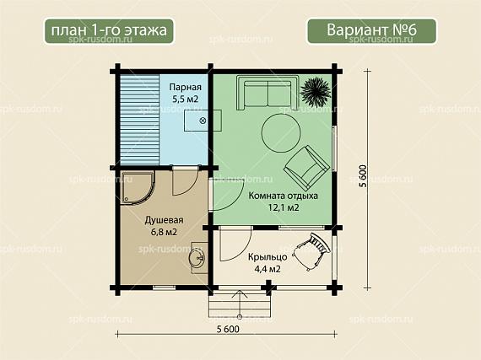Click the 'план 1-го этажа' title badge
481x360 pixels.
[109, 31]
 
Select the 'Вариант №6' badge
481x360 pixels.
[371, 31]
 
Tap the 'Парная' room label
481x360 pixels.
[186, 87]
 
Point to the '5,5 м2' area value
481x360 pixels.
[185, 99]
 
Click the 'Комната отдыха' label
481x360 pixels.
[283, 196]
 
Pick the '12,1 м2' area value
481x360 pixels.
[284, 207]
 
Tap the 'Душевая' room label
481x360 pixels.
[164, 220]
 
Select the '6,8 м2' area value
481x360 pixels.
[164, 232]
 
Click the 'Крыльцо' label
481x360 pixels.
[268, 257]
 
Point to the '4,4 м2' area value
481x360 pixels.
[268, 269]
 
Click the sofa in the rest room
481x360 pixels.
[268, 93]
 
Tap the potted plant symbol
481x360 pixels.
[316, 89]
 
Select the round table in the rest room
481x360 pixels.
[281, 133]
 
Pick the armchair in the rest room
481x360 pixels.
[306, 167]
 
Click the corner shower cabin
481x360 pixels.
[137, 187]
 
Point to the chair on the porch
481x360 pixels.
[311, 251]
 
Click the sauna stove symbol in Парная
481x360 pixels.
[203, 121]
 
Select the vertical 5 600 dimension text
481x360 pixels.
[362, 176]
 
